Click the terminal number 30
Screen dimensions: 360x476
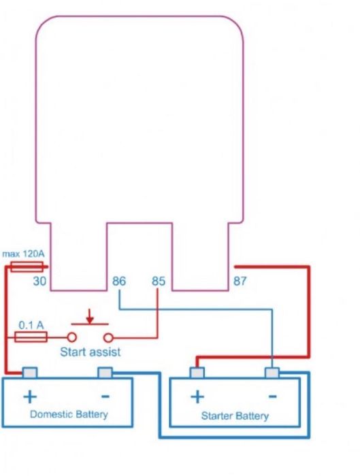[x=39, y=281]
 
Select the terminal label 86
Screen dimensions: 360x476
[x=119, y=281]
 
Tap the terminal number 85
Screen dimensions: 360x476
[x=159, y=281]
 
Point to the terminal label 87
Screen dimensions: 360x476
[x=240, y=281]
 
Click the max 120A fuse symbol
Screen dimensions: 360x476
[x=27, y=267]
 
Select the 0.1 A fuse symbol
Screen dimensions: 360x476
[x=31, y=337]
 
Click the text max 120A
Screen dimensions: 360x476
[x=23, y=254]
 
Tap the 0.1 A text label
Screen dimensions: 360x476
[x=31, y=325]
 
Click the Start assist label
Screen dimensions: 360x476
[x=91, y=352]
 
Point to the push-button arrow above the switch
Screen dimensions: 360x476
[x=90, y=316]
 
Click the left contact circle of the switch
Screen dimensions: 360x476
[x=71, y=337]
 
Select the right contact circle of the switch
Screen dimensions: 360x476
[x=108, y=337]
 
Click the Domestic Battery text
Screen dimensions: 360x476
[x=69, y=414]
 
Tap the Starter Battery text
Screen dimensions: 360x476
[x=235, y=416]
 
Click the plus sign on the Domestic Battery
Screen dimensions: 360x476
[x=30, y=396]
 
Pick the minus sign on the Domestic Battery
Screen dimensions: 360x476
[x=105, y=396]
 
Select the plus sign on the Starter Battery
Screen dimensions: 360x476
[x=197, y=396]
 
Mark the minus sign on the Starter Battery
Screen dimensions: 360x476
[x=273, y=396]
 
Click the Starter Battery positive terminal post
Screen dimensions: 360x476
[x=197, y=373]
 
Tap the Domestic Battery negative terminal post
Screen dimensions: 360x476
[x=105, y=373]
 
